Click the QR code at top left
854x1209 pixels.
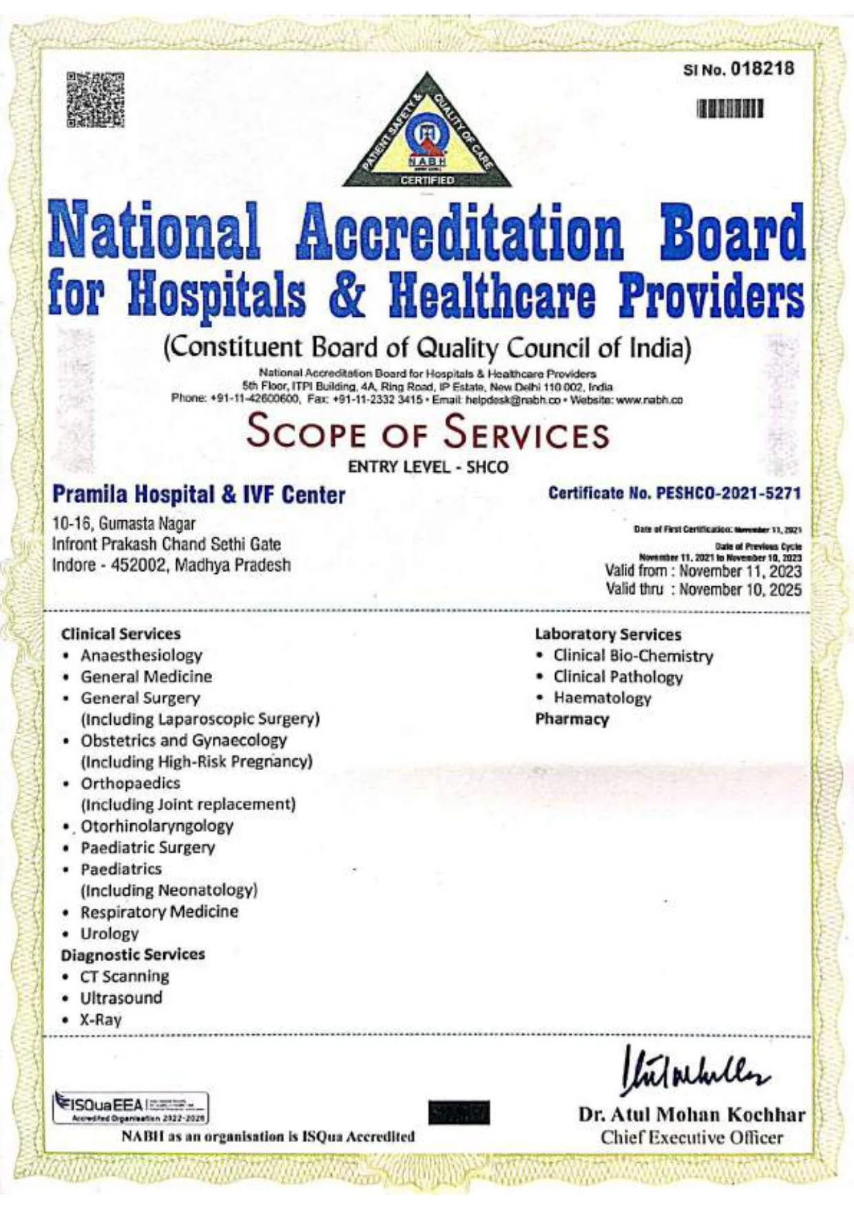pos(96,100)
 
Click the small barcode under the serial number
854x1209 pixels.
pos(729,110)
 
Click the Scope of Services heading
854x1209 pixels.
pos(427,432)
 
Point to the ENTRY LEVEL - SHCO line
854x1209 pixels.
pos(428,467)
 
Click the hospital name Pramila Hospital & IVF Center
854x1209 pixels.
pos(199,495)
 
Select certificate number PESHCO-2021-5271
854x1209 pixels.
pos(728,493)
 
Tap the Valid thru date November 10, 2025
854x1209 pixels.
pos(740,590)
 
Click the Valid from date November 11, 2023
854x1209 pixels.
pos(740,571)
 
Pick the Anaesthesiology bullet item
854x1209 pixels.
pos(141,655)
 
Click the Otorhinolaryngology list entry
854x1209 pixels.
pos(157,826)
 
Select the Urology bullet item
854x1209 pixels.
pos(110,933)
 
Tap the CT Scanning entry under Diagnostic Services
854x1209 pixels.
pos(125,976)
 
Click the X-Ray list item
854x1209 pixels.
pos(101,1020)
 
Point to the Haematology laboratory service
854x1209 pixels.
pos(602,698)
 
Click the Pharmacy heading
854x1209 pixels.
pos(572,719)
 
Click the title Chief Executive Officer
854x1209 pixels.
pos(691,1137)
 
